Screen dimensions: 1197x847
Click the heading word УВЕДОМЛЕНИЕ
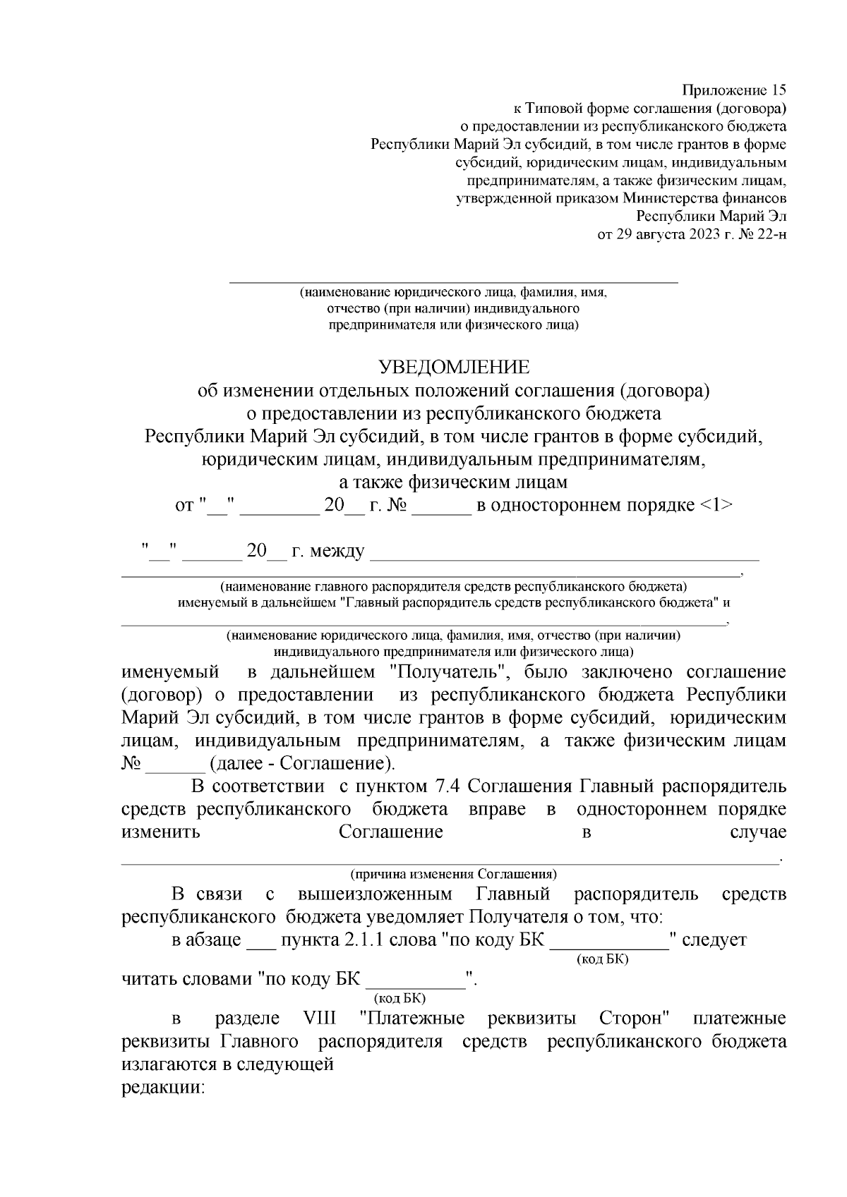coord(453,367)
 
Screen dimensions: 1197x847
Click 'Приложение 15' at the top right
coord(733,90)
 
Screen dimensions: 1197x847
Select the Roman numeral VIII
coord(319,1019)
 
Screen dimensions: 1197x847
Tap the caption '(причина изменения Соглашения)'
coord(453,874)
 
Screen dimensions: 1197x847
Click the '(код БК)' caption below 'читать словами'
coord(399,998)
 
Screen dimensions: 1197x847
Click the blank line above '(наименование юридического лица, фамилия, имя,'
coord(453,281)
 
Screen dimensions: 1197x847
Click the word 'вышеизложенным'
coord(374,894)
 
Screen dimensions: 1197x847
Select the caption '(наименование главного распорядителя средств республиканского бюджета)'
coord(453,587)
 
